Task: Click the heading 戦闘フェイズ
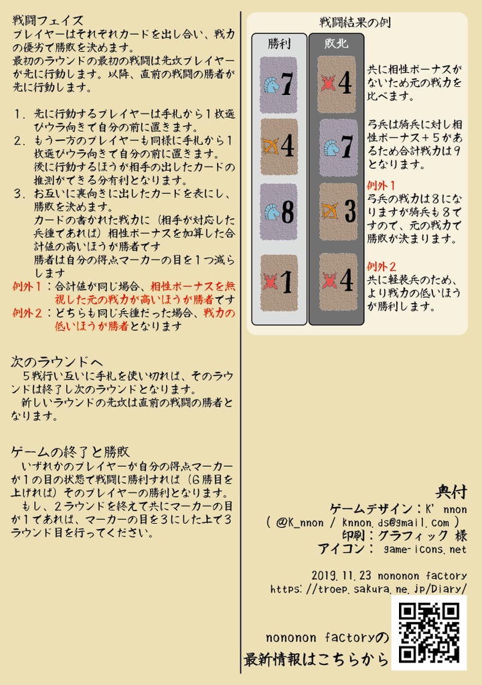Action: (x=48, y=20)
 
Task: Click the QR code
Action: (x=428, y=633)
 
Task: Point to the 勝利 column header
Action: (x=278, y=44)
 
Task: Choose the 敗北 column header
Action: (x=336, y=44)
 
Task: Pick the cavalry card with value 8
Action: (x=278, y=212)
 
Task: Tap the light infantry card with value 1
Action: (x=278, y=283)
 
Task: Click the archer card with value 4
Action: (x=278, y=146)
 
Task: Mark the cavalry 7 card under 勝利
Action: (x=278, y=84)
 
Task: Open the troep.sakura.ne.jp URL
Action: (x=368, y=589)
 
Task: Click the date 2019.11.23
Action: (x=339, y=575)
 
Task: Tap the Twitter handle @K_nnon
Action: (x=299, y=522)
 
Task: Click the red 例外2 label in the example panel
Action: (x=382, y=266)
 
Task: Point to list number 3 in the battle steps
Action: (x=19, y=194)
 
